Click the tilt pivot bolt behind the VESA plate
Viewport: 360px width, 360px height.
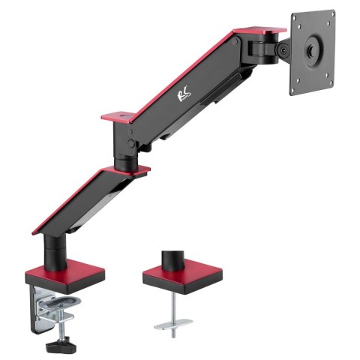[283, 50]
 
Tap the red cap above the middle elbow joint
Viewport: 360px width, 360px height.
[118, 116]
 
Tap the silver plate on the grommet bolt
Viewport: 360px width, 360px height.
[172, 325]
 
